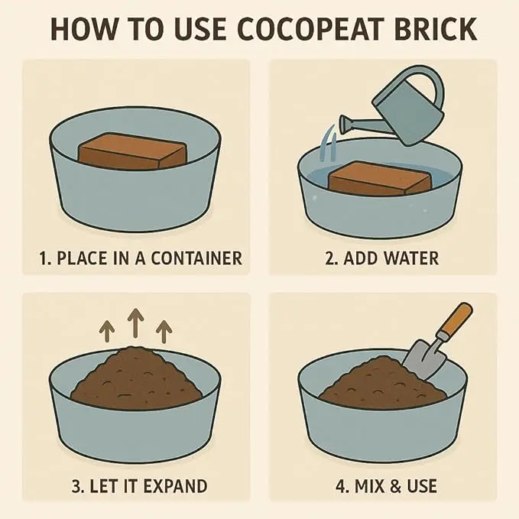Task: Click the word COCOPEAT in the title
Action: coord(309,29)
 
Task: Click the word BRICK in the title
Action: coord(435,29)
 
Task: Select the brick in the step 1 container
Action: coord(132,151)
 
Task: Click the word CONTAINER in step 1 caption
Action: coord(196,258)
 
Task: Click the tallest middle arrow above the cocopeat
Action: coord(136,323)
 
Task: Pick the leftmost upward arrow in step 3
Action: coord(107,332)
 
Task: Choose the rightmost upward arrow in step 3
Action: coord(164,331)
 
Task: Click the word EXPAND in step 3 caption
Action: coord(176,486)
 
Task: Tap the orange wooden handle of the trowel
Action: coord(457,320)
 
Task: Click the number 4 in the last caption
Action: coord(340,486)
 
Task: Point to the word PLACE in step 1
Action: coord(82,258)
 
